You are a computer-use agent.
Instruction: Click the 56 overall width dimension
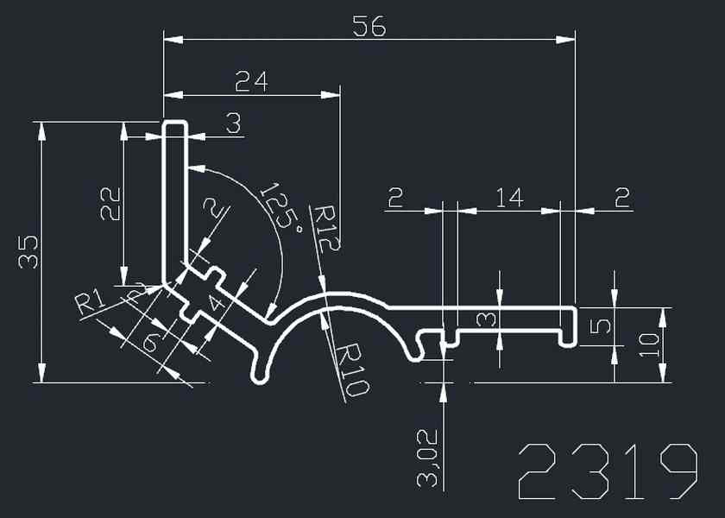(369, 27)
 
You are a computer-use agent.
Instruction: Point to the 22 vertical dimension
(110, 205)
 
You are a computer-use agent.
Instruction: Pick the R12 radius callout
(327, 228)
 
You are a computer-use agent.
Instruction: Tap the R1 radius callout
(90, 303)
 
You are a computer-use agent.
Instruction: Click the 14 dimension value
(509, 198)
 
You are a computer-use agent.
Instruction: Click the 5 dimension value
(605, 326)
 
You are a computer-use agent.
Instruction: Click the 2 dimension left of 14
(395, 198)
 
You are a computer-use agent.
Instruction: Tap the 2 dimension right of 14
(621, 198)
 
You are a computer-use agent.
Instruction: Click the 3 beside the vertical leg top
(233, 124)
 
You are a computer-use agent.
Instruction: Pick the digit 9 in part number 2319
(674, 471)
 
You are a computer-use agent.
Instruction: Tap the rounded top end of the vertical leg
(175, 125)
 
